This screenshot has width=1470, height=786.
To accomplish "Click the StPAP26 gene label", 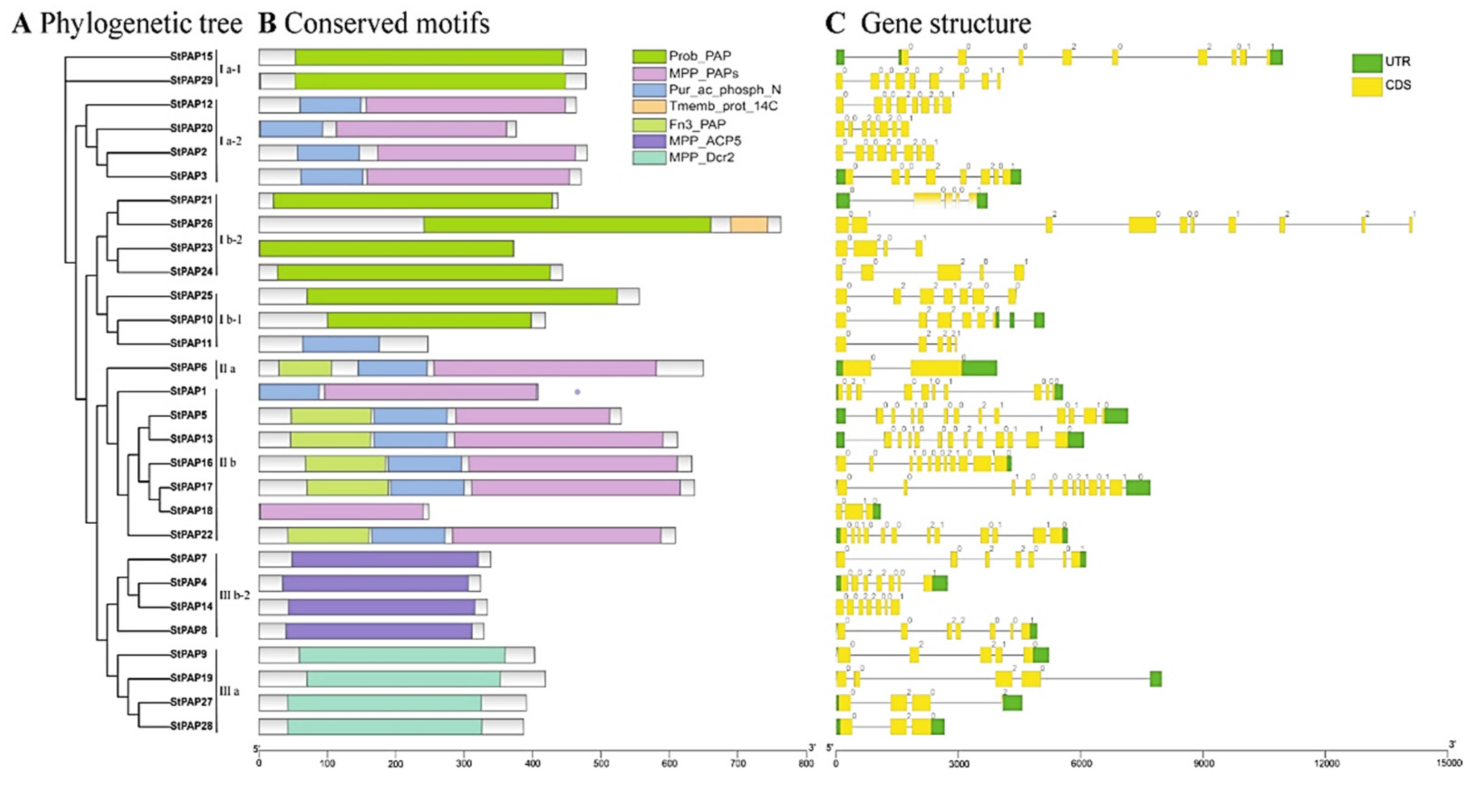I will point(191,224).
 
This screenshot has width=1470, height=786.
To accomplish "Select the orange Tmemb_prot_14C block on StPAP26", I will point(749,225).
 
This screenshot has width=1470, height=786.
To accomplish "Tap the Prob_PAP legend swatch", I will point(649,56).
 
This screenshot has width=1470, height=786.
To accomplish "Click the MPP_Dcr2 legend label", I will point(701,158).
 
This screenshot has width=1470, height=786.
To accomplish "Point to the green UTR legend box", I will point(1367,62).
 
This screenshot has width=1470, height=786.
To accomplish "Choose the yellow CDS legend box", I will point(1367,86).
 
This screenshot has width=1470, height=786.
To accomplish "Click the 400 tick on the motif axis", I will point(532,763).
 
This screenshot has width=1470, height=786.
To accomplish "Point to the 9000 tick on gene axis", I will point(1204,763).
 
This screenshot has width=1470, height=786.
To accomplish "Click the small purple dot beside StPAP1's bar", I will point(577,392).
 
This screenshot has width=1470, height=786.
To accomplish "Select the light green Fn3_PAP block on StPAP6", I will point(305,368).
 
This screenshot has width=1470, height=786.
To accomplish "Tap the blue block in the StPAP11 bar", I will point(341,344).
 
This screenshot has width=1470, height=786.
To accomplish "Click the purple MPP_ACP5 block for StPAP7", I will point(385,559).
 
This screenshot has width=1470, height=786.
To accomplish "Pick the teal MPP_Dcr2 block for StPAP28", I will point(385,727).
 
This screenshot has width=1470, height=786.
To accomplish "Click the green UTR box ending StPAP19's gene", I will point(1156,679).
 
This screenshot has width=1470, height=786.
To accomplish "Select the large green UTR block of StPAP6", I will point(979,368).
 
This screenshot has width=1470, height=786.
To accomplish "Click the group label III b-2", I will point(235,595).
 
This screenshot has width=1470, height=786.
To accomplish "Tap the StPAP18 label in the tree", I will point(191,511).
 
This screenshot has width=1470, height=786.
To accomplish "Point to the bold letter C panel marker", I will point(836,24).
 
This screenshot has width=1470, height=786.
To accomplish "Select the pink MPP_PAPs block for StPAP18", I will point(341,511).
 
